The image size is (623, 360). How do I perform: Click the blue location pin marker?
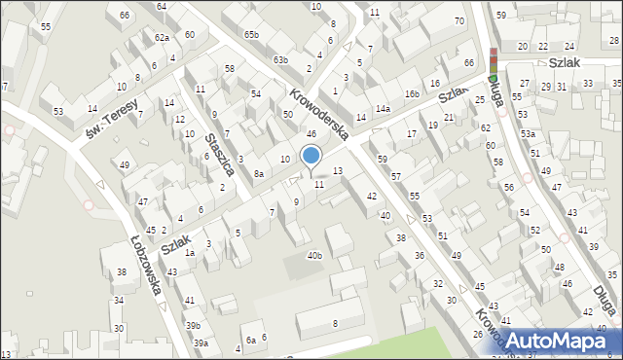pos(311,155)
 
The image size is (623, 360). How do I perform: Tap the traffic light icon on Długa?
pos(494,63)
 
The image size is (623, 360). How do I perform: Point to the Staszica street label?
pos(219,154)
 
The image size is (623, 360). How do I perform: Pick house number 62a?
pos(163,37)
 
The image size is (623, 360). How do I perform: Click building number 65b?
pos(252,35)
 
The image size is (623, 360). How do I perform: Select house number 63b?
pos(280,60)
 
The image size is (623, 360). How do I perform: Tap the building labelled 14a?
pos(384,108)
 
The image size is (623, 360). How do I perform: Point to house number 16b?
pos(413,93)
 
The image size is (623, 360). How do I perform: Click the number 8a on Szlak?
pos(259,173)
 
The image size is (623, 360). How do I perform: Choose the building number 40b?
pos(313,255)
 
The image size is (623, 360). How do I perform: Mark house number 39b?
pos(194,325)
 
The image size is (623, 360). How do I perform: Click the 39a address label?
pos(201,342)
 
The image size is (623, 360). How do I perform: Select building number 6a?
pos(250,340)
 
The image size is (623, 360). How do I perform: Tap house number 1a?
pos(191,253)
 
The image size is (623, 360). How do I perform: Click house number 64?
pos(162,7)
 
